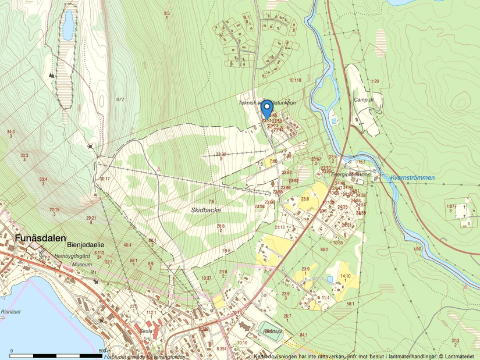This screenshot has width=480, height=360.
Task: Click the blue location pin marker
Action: tap(266, 108)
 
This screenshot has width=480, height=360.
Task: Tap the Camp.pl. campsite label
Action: tap(362, 99)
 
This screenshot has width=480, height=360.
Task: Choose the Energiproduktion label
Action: tap(350, 174)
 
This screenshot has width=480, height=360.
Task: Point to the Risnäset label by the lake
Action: tap(11, 311)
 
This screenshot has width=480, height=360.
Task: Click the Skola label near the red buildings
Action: tap(146, 331)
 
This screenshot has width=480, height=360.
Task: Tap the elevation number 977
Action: tap(120, 99)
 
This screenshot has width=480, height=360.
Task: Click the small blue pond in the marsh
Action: tap(69, 24)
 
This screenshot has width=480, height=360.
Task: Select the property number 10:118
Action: tap(294, 80)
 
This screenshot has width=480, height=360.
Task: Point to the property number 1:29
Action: tap(375, 81)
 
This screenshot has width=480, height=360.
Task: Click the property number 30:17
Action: tap(105, 179)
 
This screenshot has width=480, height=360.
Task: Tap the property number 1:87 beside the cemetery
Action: tap(450, 206)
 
